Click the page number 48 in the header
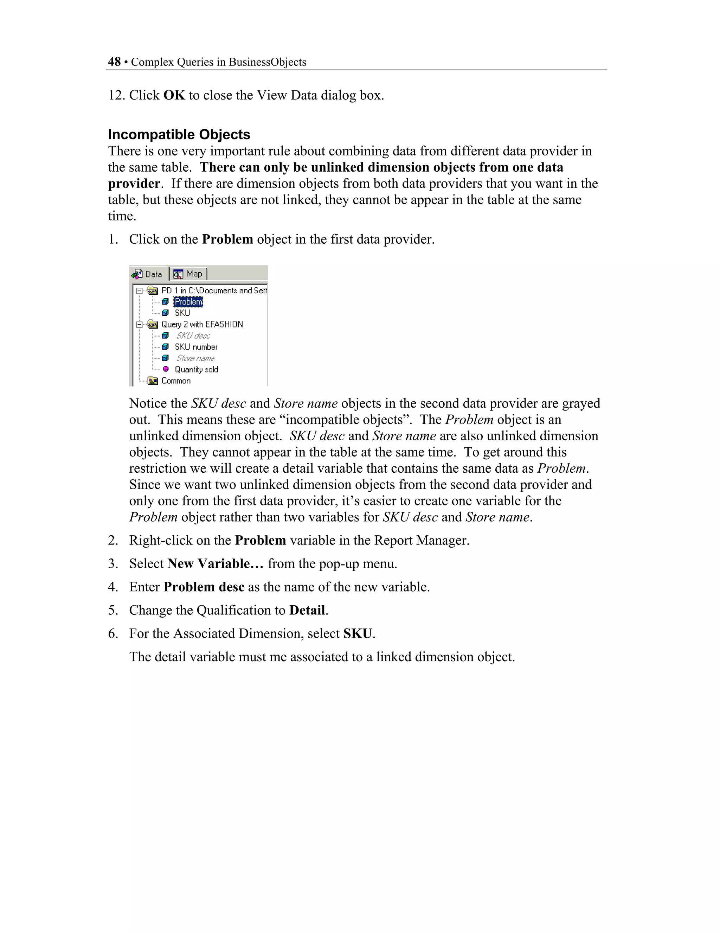click(114, 62)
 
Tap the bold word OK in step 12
click(174, 95)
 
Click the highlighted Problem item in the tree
click(188, 302)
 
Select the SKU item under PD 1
click(182, 313)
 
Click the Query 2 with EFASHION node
click(202, 324)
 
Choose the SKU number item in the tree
click(196, 347)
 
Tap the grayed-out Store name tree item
click(195, 358)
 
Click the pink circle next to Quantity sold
click(166, 369)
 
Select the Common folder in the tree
click(175, 381)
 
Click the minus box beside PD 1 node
click(139, 291)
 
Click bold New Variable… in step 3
click(216, 564)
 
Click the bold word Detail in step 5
click(307, 610)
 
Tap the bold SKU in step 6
click(358, 634)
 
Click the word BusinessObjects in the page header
click(268, 62)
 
